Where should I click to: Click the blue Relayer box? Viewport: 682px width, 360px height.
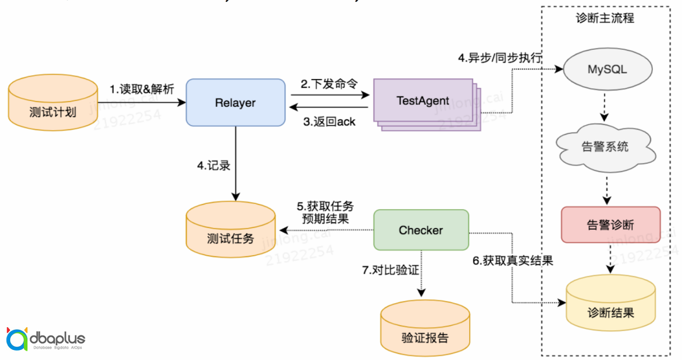235,102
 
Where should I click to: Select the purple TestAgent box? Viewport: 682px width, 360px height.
422,101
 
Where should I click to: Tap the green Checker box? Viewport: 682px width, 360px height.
421,231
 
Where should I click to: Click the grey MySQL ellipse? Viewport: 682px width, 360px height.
607,69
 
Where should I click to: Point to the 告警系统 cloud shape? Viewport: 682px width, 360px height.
604,147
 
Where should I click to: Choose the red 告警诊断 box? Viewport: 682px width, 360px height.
610,225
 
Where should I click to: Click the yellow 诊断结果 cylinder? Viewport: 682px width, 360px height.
610,306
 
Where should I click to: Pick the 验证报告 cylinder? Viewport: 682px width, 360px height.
424,331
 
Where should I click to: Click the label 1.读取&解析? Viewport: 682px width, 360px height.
141,89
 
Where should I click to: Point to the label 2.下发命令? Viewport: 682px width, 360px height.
328,84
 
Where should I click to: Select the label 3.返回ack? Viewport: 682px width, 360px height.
330,121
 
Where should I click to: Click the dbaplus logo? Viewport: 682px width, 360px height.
45,340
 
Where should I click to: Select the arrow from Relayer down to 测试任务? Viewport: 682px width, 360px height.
235,161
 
